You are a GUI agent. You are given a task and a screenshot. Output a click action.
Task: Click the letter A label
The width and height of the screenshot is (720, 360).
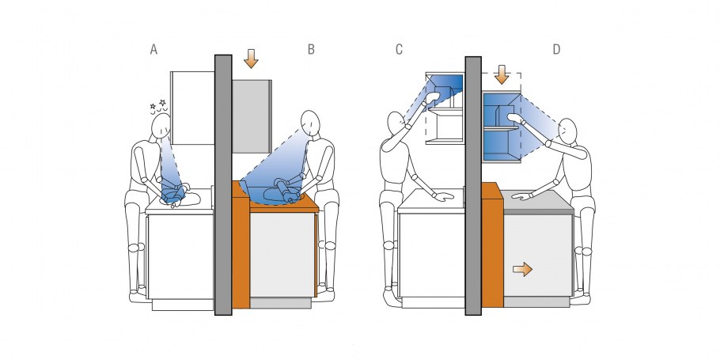[x=153, y=49]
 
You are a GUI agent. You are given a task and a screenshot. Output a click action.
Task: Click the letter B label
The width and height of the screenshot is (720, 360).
[x=311, y=49]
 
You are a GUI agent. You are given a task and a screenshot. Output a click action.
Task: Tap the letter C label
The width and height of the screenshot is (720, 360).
[x=399, y=49]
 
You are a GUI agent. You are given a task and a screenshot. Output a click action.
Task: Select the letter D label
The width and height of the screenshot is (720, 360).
[x=556, y=49]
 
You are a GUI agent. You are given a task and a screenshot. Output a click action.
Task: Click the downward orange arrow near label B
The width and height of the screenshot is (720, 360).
[x=251, y=59]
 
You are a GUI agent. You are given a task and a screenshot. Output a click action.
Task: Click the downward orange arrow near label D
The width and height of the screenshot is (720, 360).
[x=502, y=74]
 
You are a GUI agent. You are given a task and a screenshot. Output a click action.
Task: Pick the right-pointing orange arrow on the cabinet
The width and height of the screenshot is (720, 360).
[x=522, y=269]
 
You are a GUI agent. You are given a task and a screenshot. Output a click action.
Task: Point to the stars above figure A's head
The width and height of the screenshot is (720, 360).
[x=157, y=104]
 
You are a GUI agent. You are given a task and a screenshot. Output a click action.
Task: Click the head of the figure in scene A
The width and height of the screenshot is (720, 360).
[x=161, y=126]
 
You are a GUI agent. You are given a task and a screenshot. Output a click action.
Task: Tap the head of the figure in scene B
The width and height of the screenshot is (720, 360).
[x=310, y=123]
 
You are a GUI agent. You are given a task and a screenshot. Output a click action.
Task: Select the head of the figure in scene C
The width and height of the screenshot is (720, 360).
[x=396, y=123]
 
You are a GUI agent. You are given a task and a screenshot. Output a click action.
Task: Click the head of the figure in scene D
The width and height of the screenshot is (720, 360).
[x=567, y=131]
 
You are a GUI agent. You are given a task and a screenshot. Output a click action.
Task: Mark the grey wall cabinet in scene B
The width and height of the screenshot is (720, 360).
[x=251, y=116]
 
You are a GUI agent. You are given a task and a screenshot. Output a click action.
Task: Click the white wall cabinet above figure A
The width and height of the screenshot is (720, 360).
[x=192, y=108]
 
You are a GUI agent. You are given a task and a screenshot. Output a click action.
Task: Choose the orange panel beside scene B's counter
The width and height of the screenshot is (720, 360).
[x=241, y=244]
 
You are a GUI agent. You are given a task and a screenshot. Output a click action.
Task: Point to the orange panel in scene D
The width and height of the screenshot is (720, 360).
[x=492, y=244]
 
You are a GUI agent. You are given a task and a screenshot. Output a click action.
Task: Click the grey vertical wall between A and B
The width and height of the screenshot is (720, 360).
[x=223, y=185]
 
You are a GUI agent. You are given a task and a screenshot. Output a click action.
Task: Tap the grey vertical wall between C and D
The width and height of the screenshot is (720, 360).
[x=473, y=186]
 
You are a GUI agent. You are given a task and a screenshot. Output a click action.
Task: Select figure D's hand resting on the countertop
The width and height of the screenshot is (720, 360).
[x=522, y=195]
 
